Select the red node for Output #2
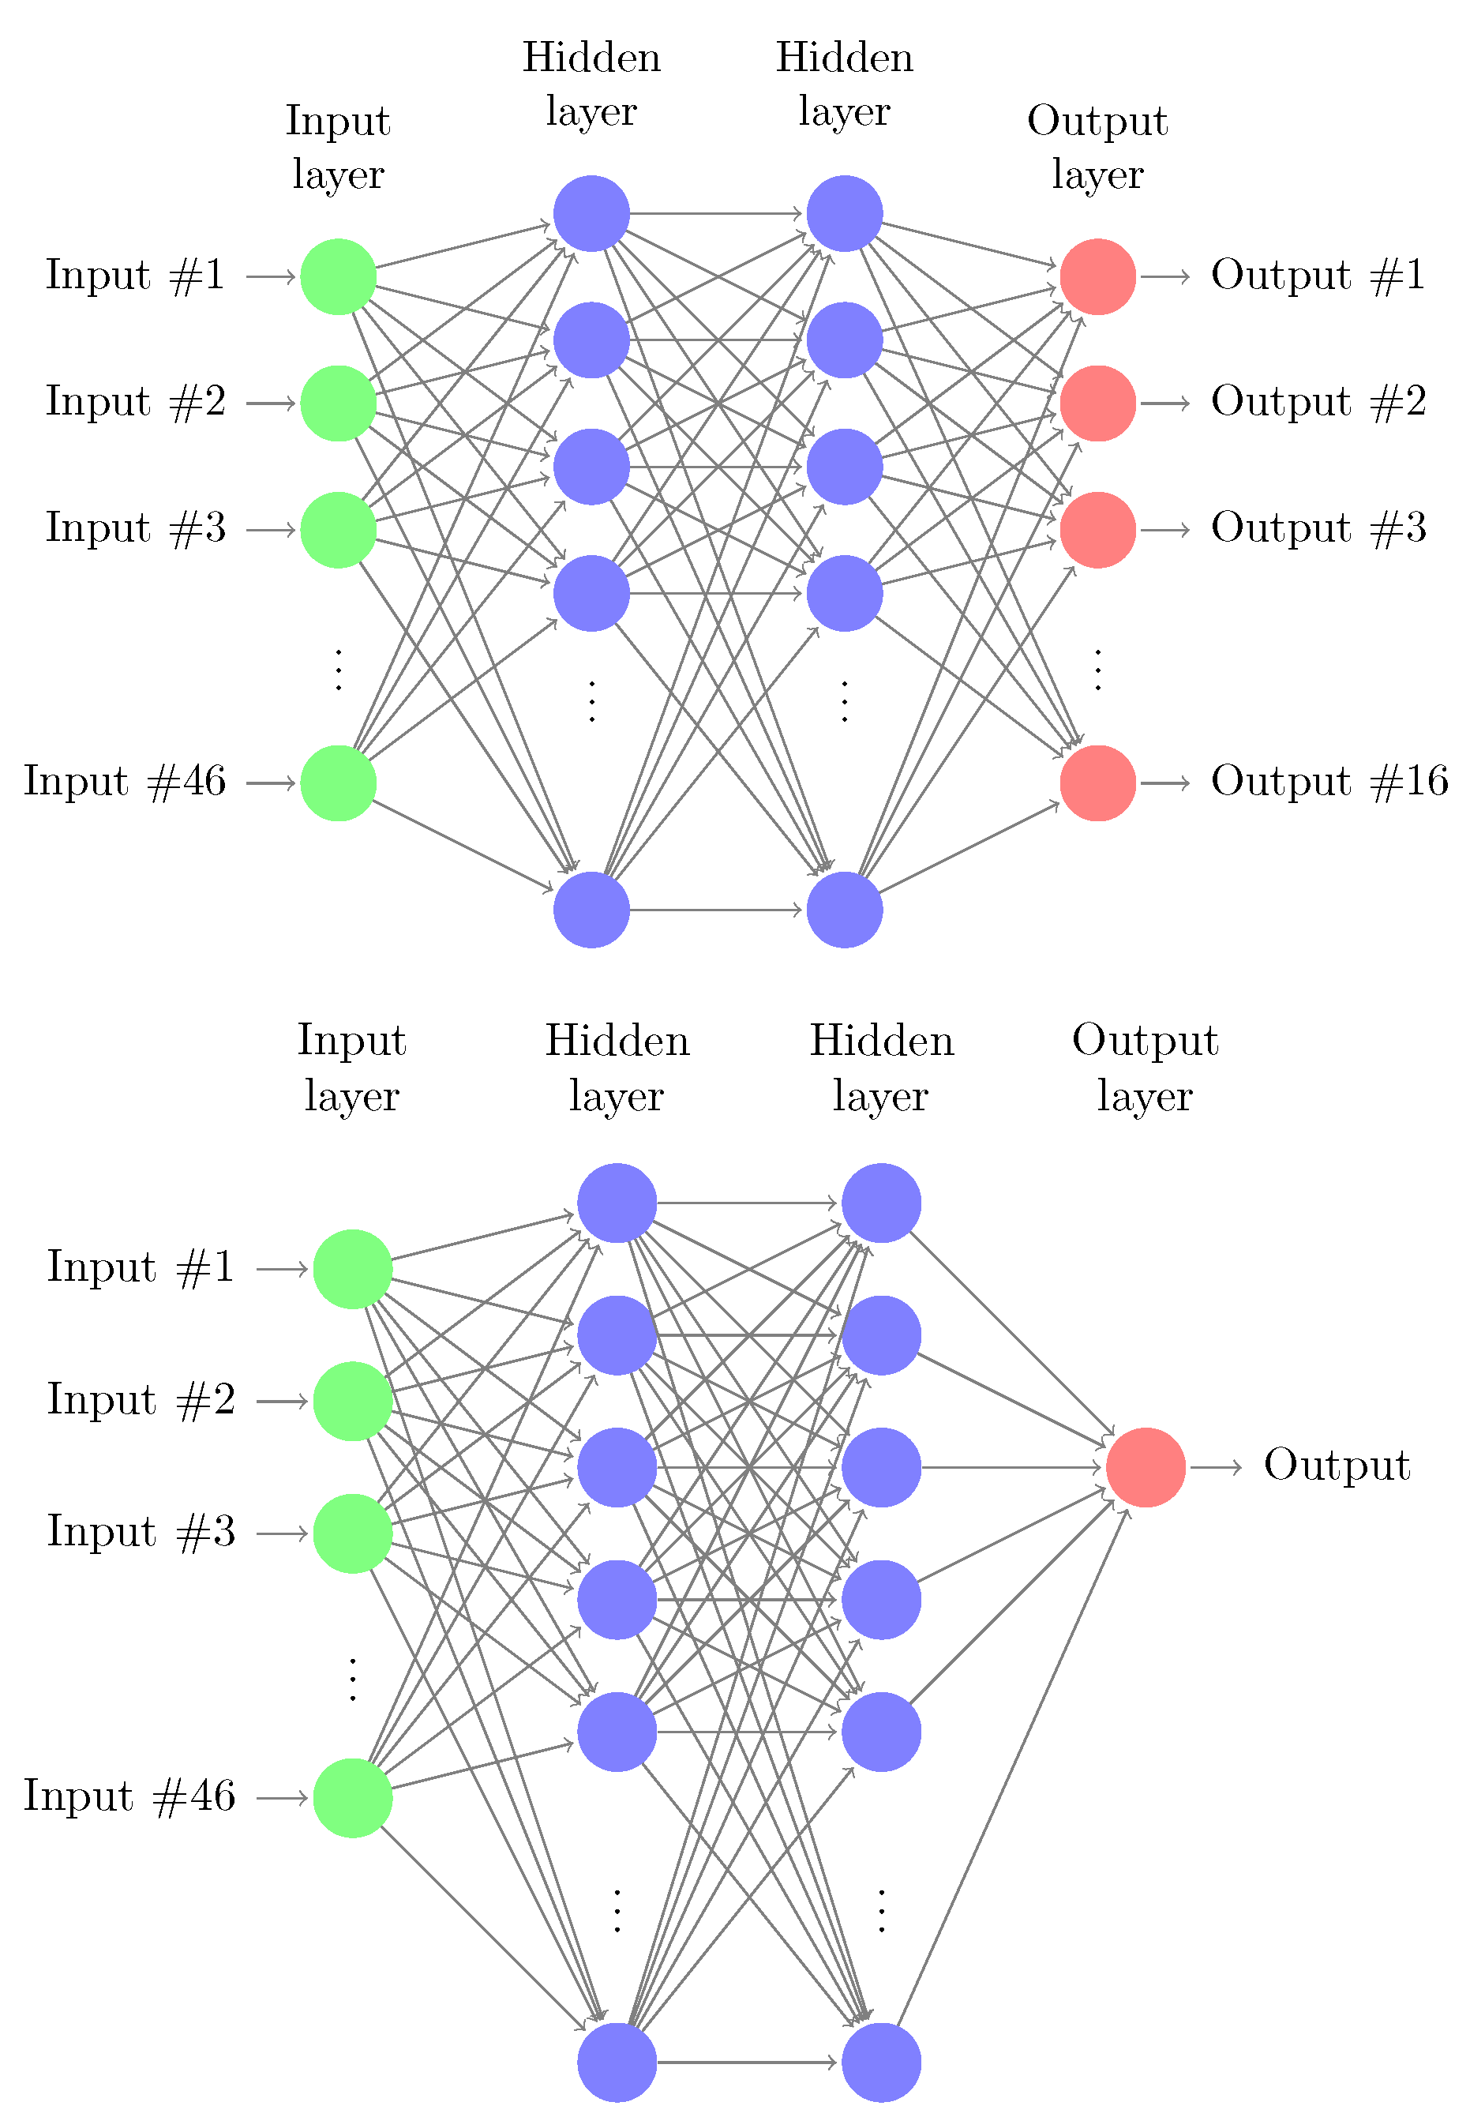click(x=1097, y=404)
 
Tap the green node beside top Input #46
click(x=338, y=783)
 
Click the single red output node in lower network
click(x=1145, y=1467)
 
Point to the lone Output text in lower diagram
click(x=1337, y=1466)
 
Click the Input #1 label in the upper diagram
click(x=136, y=276)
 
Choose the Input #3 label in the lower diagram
click(x=141, y=1532)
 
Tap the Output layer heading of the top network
click(x=1097, y=148)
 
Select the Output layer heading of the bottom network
click(x=1145, y=1068)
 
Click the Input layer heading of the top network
click(x=338, y=148)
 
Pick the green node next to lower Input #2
click(x=353, y=1401)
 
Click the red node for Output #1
click(x=1097, y=276)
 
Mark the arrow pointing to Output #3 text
click(x=1166, y=530)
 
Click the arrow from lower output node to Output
click(x=1216, y=1467)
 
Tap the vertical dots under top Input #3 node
click(x=338, y=670)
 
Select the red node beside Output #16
click(x=1097, y=783)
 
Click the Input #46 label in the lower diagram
click(x=129, y=1796)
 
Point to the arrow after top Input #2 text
click(x=271, y=404)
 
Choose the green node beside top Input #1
click(x=338, y=276)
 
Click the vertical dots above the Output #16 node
click(x=1097, y=670)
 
